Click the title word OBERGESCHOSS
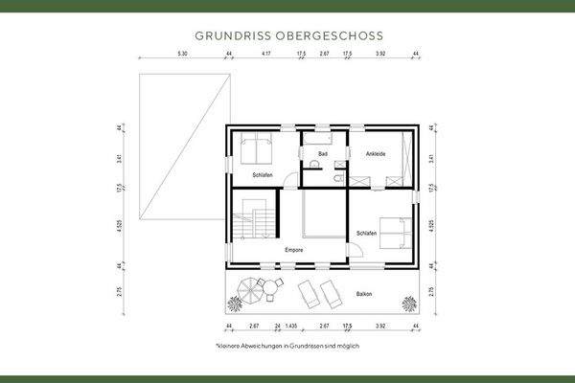point(334,35)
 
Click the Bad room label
point(323,154)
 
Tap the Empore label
point(294,250)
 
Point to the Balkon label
point(363,295)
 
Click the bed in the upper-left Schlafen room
point(255,149)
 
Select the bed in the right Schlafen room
point(394,233)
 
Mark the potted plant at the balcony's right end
point(409,304)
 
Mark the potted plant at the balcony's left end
point(233,304)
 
